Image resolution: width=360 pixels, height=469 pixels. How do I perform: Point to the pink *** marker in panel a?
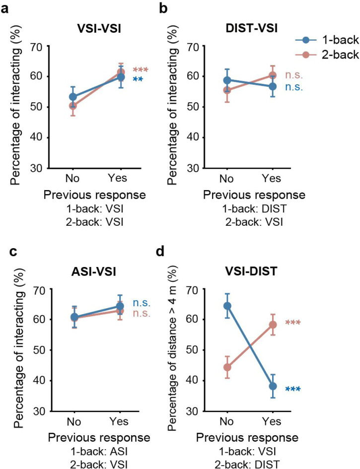141,70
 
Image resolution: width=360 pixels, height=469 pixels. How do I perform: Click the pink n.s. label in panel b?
292,75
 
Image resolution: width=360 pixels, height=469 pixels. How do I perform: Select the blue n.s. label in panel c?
141,303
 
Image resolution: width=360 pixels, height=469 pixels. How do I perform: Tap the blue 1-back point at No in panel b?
227,80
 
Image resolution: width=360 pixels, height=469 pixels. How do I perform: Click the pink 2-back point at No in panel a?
73,105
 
